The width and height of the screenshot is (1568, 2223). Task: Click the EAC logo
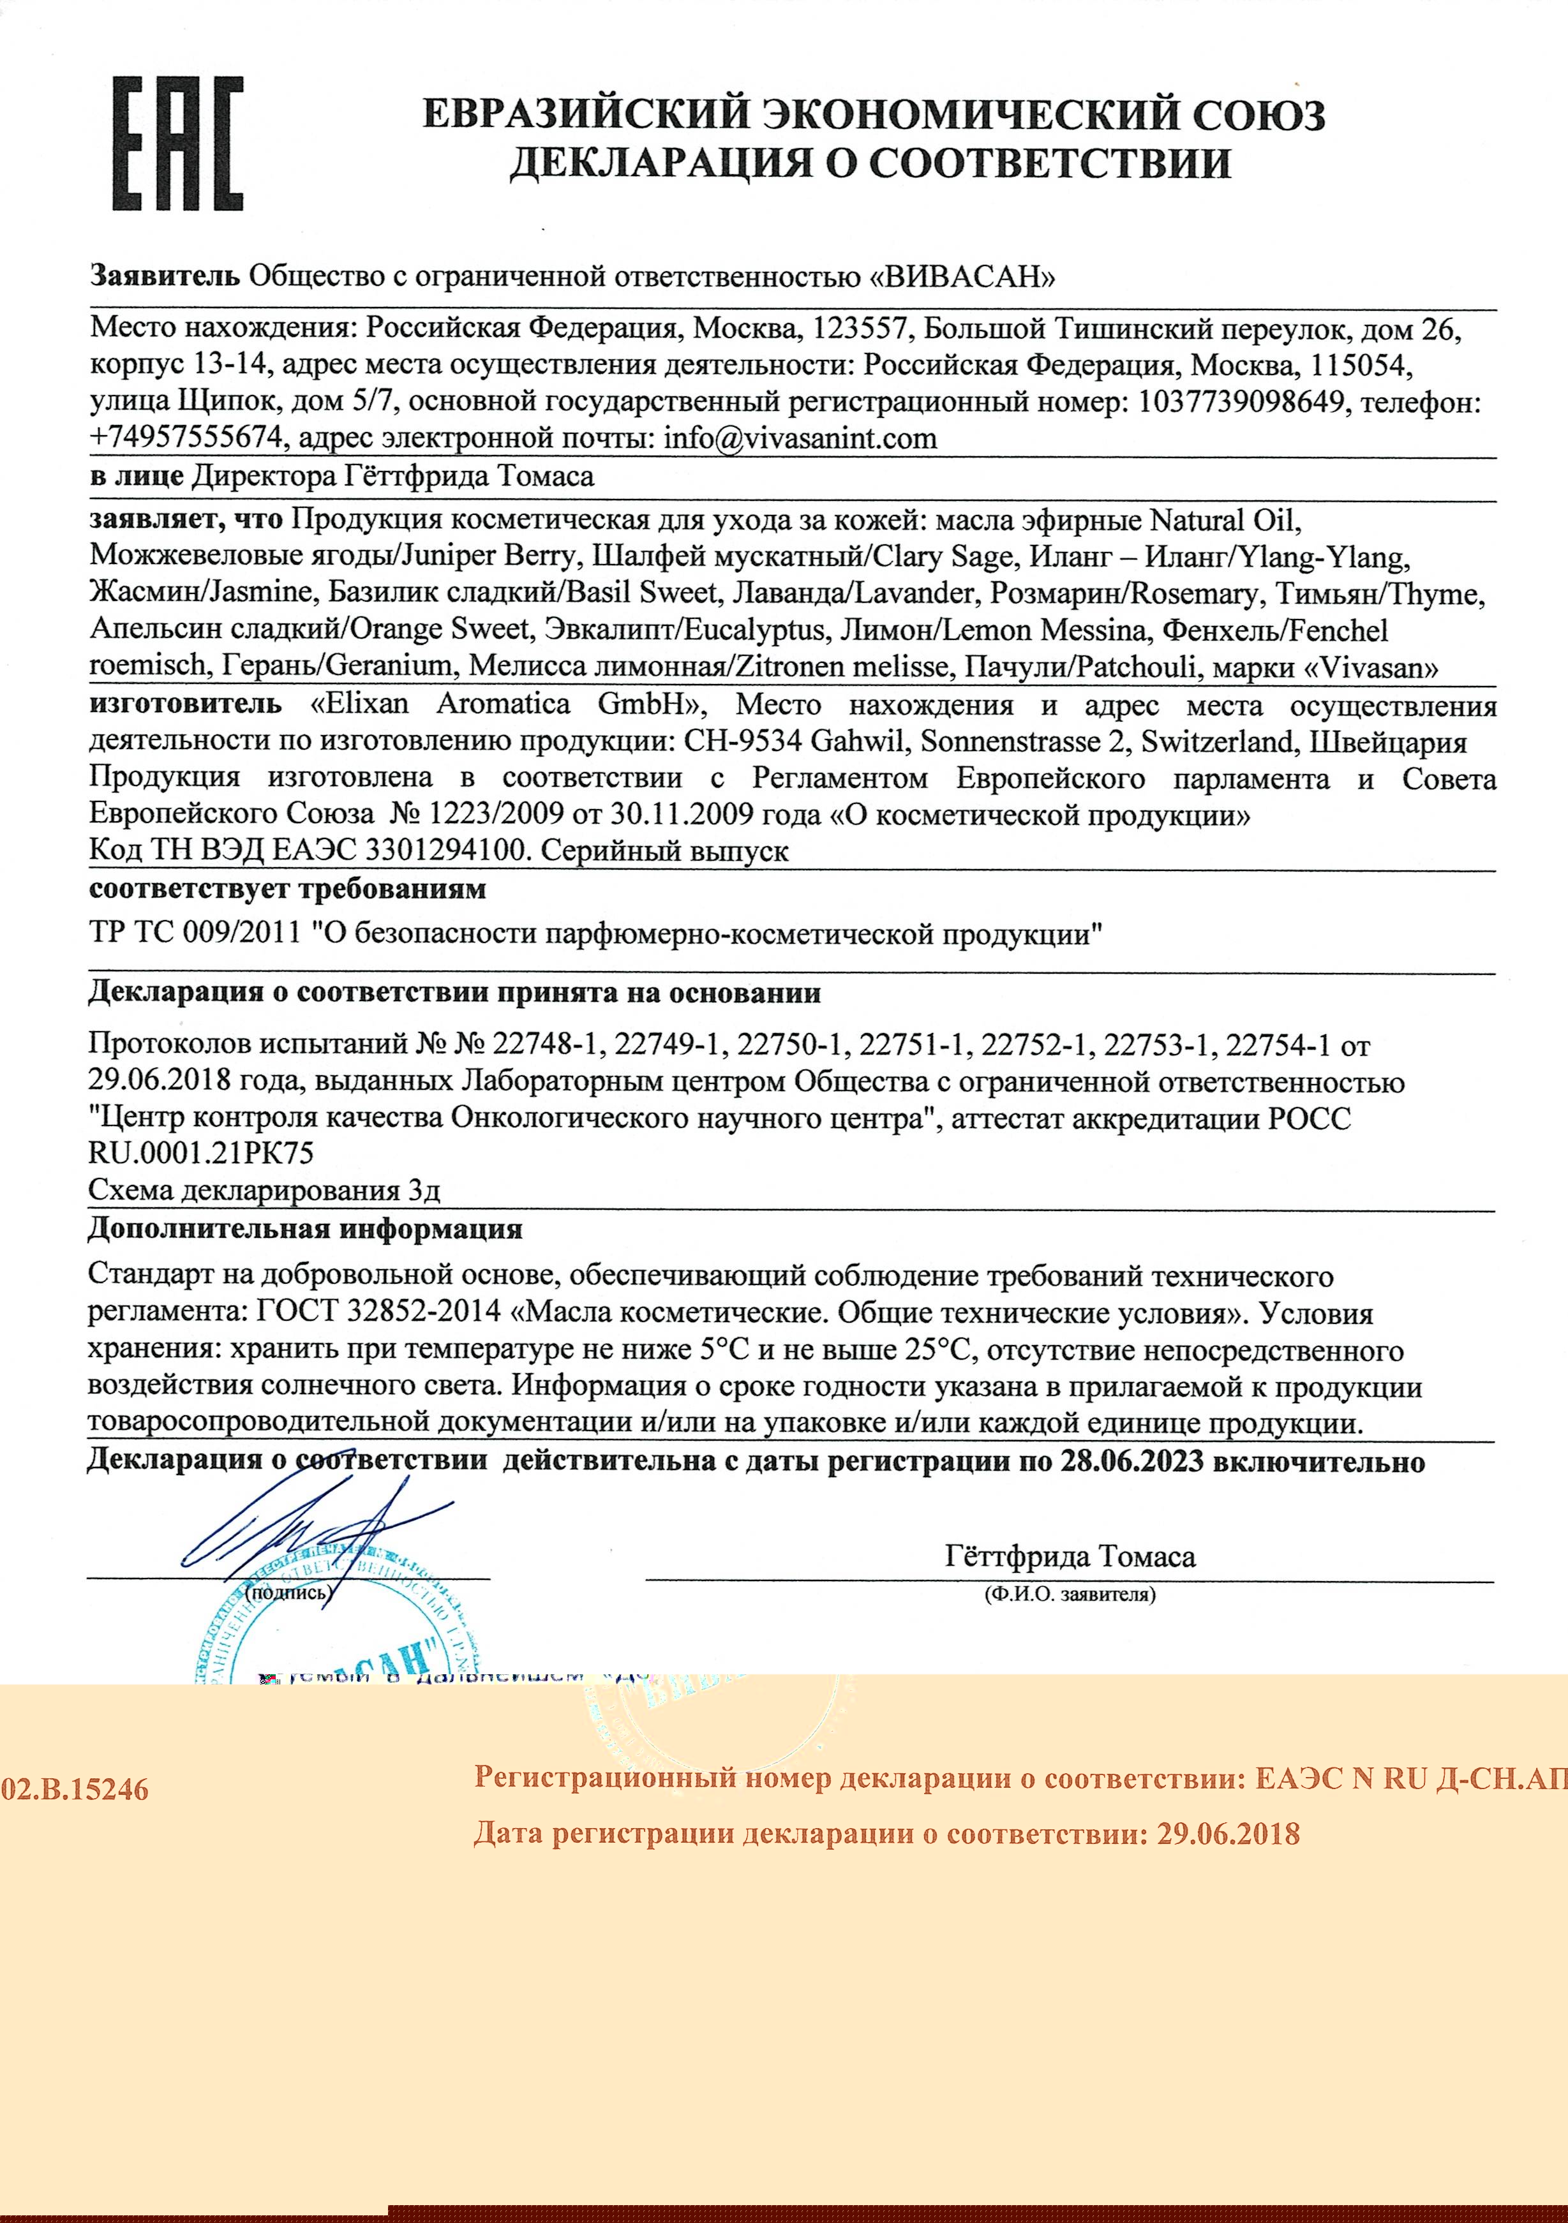pyautogui.click(x=178, y=144)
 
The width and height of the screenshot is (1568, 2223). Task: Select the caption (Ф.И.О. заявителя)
pyautogui.click(x=1069, y=1595)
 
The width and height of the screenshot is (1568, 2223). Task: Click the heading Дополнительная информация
pyautogui.click(x=305, y=1230)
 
